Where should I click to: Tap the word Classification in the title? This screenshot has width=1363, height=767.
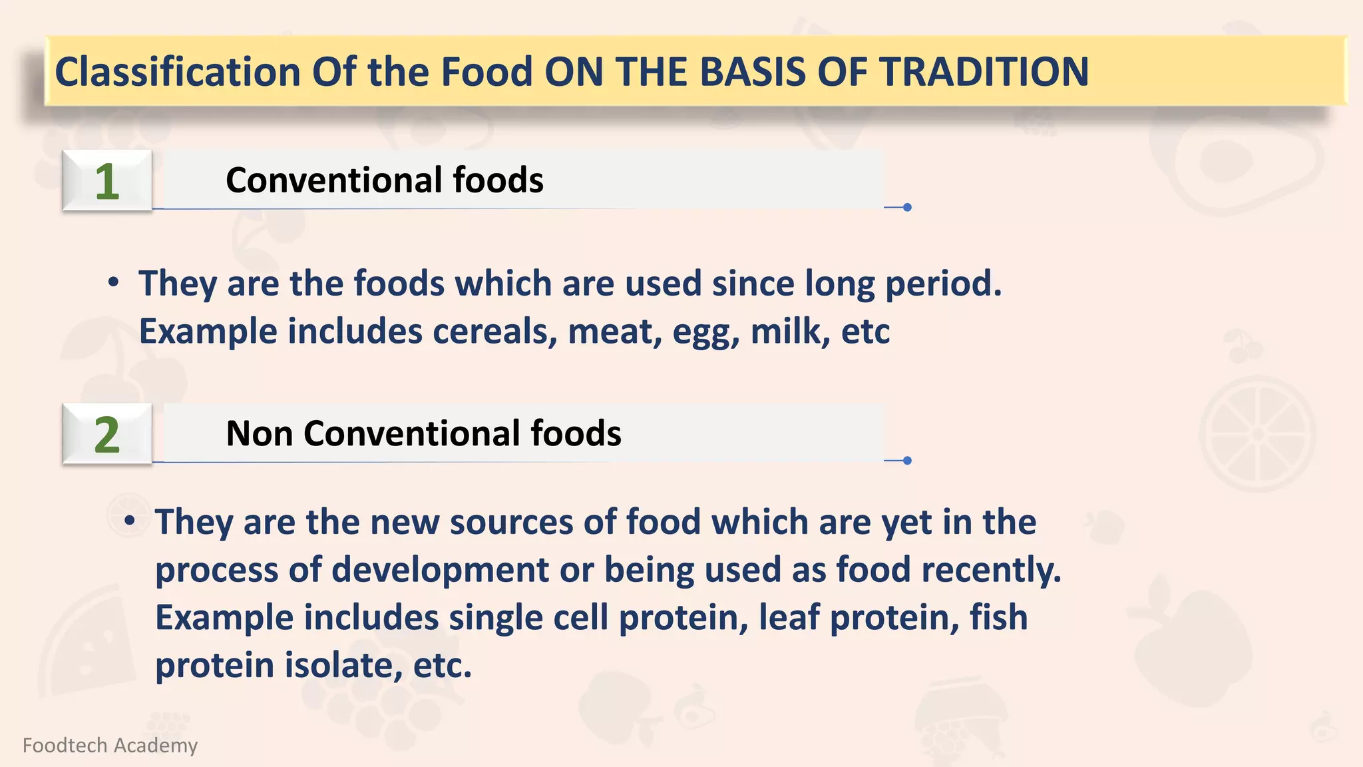(178, 72)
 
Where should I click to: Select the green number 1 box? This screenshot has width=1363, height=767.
(107, 181)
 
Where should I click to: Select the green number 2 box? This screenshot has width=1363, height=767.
(107, 434)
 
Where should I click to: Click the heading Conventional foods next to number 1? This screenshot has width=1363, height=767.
(384, 180)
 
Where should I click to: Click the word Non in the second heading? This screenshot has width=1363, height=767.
(259, 433)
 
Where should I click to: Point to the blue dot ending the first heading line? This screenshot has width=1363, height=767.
(907, 208)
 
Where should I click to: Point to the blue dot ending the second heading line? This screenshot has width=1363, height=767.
(907, 461)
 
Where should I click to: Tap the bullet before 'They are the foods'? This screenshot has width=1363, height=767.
(114, 283)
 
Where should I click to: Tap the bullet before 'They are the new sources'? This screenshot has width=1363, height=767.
(130, 521)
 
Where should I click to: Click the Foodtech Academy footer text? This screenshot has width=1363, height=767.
(110, 745)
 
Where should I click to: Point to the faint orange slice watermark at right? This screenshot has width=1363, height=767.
(1257, 434)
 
